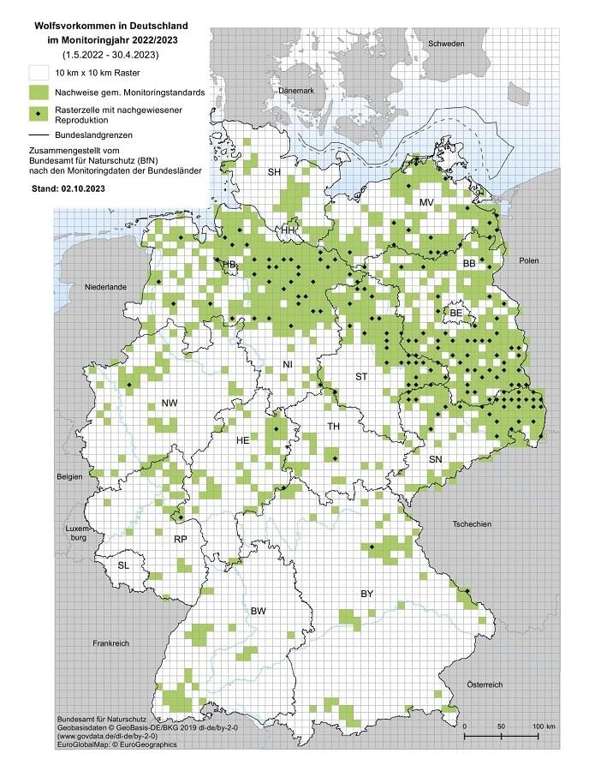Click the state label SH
point(274,173)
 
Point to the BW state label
point(259,610)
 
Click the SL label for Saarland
point(125,565)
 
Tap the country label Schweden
point(446,44)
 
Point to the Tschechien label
point(474,523)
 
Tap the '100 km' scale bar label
point(543,726)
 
